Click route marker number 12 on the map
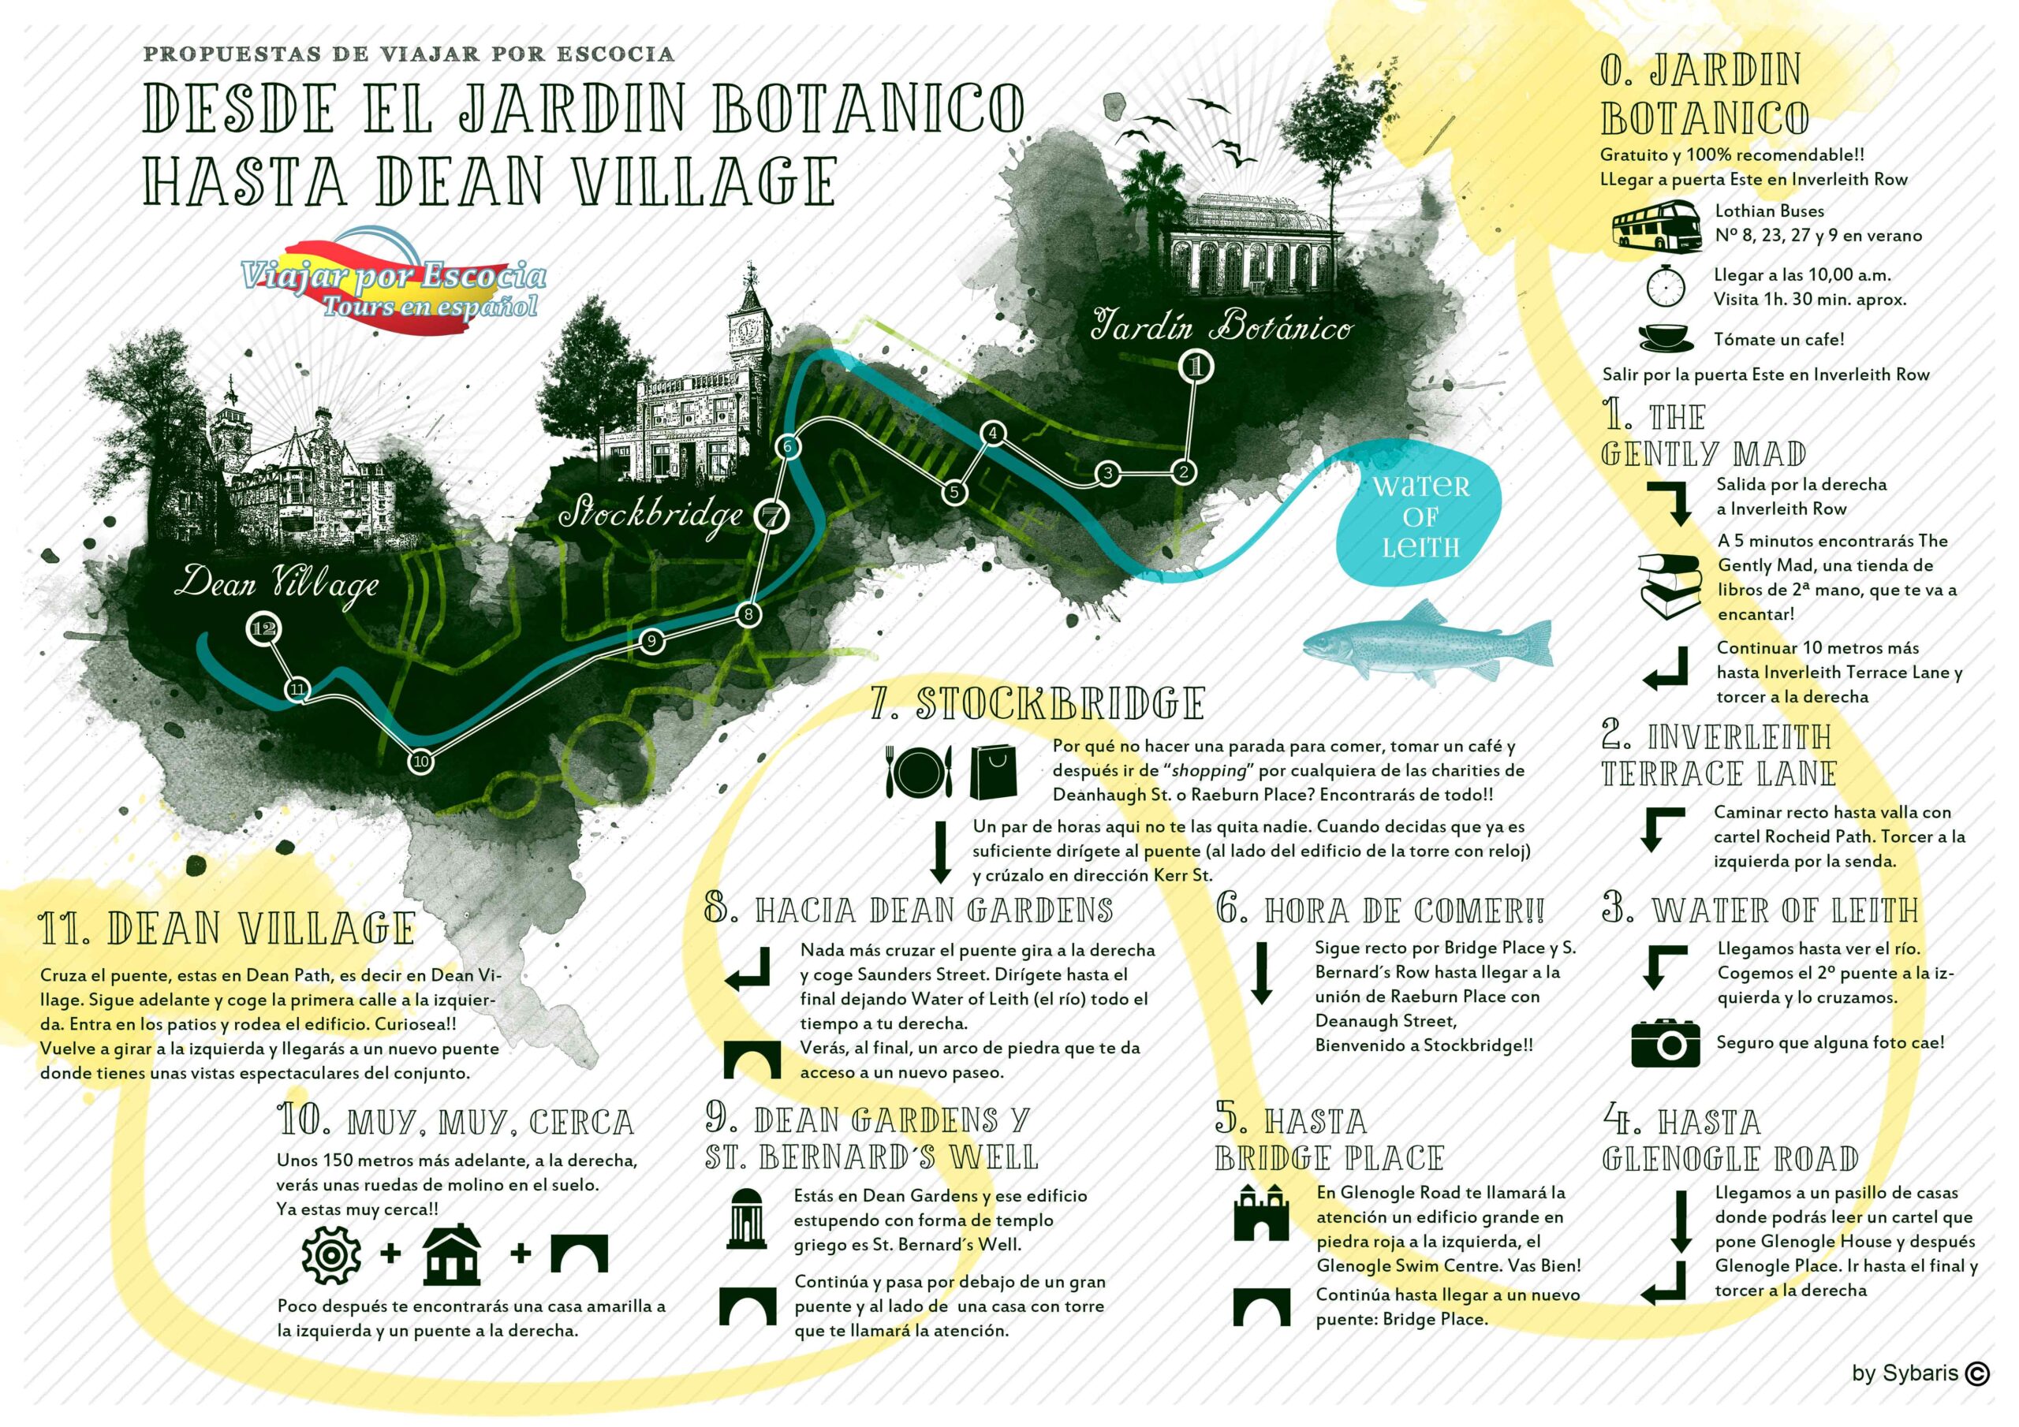[x=263, y=628]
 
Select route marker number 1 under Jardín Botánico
[x=1195, y=367]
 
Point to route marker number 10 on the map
[x=421, y=762]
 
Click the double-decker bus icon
[x=1655, y=224]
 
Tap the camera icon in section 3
[x=1665, y=1044]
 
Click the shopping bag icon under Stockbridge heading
[x=993, y=772]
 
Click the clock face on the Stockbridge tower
[x=749, y=330]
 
